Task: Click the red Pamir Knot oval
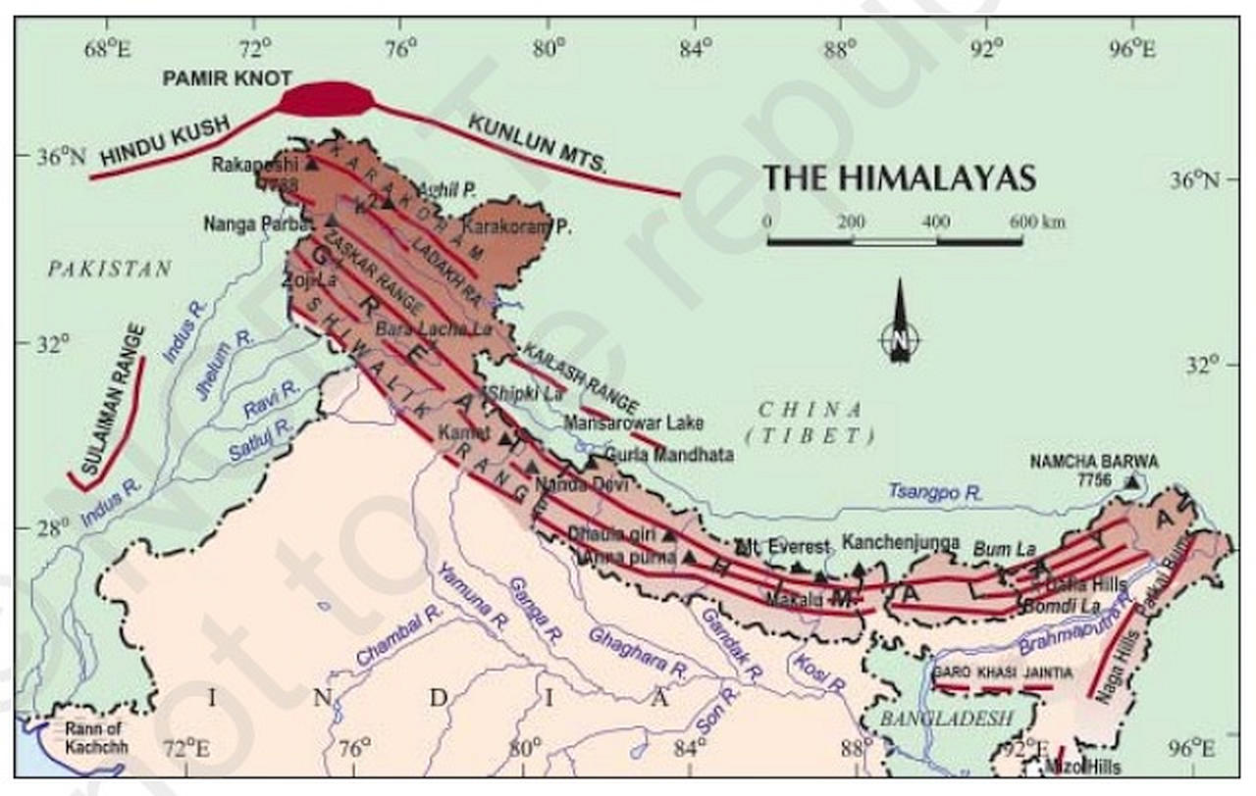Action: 326,99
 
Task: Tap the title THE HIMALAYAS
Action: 899,177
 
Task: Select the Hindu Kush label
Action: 165,141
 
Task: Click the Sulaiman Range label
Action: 114,401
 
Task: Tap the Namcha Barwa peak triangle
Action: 1133,480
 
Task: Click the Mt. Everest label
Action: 782,547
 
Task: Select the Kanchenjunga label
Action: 900,542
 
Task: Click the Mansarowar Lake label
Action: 633,423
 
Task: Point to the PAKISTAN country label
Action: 109,269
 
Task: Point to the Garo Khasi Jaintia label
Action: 1002,672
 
